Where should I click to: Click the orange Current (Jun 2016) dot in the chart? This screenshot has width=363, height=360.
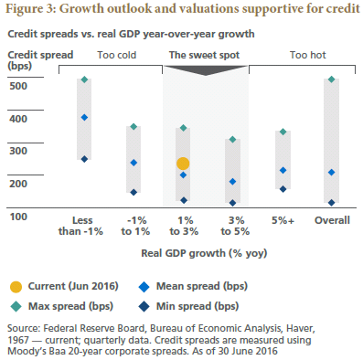coord(183,164)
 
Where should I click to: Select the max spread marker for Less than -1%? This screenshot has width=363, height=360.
coord(84,79)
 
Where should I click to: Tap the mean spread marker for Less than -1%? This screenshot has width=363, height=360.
coord(84,117)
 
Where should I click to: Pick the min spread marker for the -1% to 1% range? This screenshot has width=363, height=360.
coord(133,192)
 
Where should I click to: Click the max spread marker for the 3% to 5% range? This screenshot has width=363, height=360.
coord(232,140)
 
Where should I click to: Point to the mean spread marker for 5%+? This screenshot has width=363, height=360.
coord(282,170)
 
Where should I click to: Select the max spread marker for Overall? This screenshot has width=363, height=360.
coord(331,79)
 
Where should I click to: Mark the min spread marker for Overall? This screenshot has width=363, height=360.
coord(331,203)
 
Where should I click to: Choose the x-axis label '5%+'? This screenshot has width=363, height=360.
coord(282,221)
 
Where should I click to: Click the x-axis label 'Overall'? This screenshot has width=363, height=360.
coord(331,221)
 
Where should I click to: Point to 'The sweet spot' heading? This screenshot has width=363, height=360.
coord(208,55)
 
